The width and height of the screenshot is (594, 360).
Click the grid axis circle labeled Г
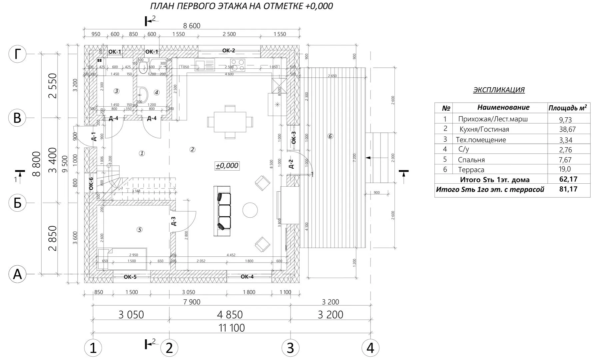pos(17,54)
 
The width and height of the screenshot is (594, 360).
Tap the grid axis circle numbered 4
pos(370,348)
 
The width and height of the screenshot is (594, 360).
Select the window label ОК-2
pos(229,51)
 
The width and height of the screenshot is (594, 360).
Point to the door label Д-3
pos(174,221)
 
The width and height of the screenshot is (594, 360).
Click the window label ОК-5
pos(130,277)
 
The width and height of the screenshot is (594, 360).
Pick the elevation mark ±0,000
pos(227,166)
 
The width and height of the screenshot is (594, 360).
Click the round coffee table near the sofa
pos(250,210)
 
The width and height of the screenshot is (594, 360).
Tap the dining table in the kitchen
pos(230,122)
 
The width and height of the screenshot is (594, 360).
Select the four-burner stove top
pos(238,65)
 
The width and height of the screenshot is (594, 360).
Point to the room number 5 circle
pos(140,229)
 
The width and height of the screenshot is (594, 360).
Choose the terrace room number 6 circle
pos(330,136)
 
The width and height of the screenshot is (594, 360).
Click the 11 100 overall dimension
pos(232,328)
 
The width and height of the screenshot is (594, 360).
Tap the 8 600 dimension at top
pos(192,26)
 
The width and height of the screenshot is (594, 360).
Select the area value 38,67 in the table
pos(567,129)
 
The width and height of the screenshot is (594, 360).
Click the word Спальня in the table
pos(471,160)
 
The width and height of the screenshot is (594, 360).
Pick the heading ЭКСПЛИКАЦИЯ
pos(499,90)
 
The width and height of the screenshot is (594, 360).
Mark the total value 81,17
pos(568,189)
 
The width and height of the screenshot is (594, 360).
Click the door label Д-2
pos(291,164)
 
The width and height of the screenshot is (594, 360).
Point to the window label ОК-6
pos(91,184)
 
